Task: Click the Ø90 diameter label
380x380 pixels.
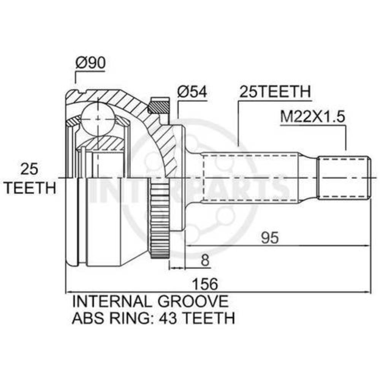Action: (x=91, y=62)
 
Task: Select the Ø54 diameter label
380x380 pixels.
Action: (x=192, y=92)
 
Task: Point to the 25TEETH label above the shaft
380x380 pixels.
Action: (x=275, y=91)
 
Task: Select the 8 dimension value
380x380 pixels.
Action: (x=205, y=261)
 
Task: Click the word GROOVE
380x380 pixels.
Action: (x=193, y=301)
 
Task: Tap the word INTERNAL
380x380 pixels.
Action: (x=112, y=301)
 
